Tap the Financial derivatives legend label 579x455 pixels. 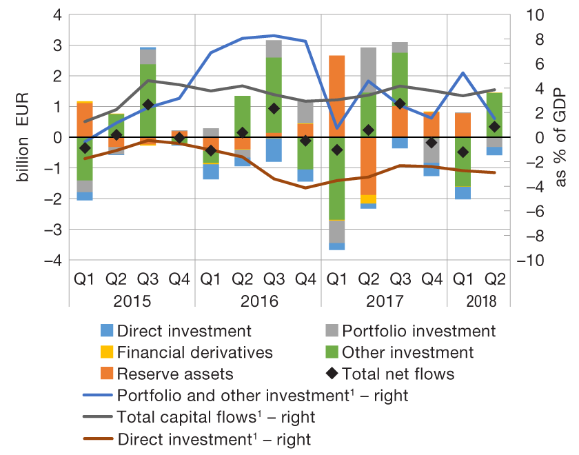pos(195,352)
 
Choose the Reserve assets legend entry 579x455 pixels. pos(174,374)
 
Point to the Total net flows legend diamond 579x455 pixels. pos(331,374)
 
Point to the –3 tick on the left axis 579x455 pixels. pos(52,230)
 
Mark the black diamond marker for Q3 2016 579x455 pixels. pos(274,108)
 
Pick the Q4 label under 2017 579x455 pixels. pos(431,279)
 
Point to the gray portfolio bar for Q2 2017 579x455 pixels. pos(369,65)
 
